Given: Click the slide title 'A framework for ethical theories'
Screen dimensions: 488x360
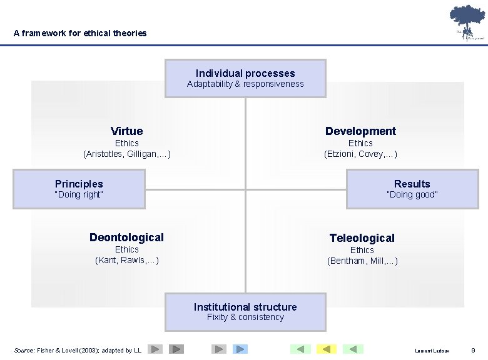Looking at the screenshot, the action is point(80,33).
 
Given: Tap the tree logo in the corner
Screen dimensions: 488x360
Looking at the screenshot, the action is point(466,22).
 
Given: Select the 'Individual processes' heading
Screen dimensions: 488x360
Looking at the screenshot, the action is point(245,73).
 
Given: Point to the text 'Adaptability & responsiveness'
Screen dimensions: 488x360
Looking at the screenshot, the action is point(245,84).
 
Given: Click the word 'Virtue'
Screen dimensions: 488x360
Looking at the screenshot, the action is point(126,131).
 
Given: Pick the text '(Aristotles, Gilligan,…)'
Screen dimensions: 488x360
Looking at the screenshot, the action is point(127,154).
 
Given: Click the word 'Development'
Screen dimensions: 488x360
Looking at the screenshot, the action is point(360,131).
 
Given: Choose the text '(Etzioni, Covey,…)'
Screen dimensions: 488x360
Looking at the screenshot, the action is point(360,154).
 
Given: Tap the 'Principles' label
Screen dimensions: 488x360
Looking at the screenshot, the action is point(79,184).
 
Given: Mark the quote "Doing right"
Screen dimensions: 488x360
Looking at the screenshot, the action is point(79,194).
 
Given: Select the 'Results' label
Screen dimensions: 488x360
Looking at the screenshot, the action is point(412,184).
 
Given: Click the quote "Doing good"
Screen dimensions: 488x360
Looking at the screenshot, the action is point(412,194).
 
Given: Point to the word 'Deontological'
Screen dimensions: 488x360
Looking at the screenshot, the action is point(126,237).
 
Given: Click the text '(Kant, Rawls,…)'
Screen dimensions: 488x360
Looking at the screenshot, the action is point(127,260).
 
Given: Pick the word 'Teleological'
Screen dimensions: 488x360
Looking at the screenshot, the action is point(362,237).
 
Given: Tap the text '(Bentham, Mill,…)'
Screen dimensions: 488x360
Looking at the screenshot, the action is point(362,261).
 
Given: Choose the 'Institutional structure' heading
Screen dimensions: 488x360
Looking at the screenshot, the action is point(245,307).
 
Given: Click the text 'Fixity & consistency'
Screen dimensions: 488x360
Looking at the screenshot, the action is point(245,317).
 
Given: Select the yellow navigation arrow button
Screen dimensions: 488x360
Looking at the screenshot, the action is point(326,349).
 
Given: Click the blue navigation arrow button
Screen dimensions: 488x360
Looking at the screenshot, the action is point(240,349).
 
